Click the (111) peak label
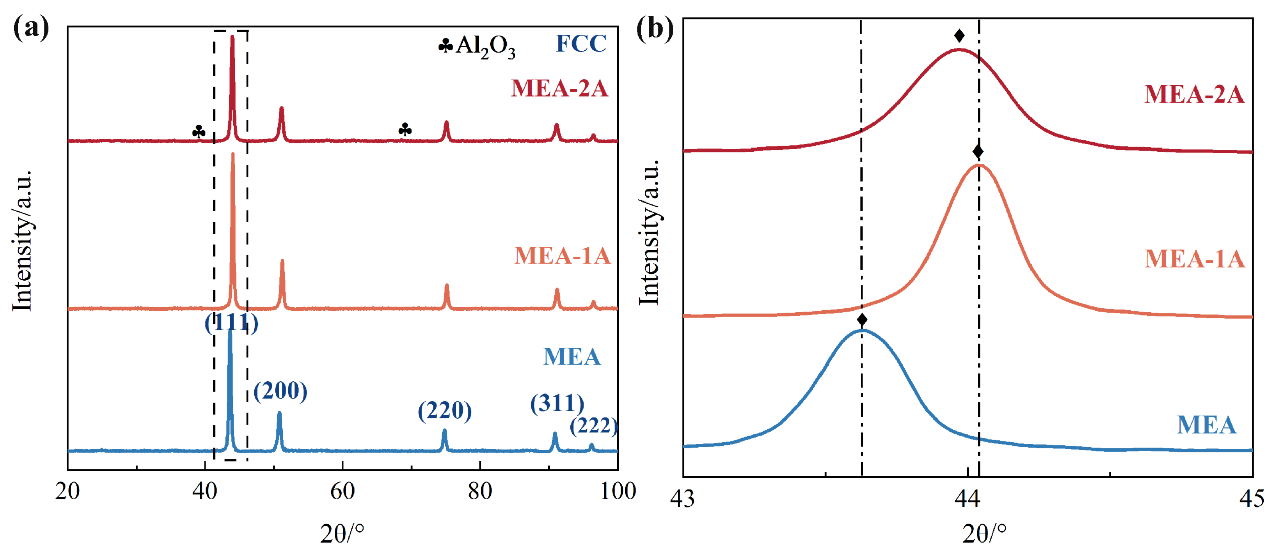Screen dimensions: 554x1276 pyautogui.click(x=231, y=324)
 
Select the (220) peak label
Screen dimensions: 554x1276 pyautogui.click(x=444, y=411)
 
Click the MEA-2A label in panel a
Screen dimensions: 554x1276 pyautogui.click(x=559, y=89)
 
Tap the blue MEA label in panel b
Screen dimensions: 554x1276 pyautogui.click(x=1206, y=425)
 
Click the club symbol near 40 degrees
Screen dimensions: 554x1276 pyautogui.click(x=199, y=132)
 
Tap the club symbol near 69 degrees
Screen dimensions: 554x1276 pyautogui.click(x=405, y=130)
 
